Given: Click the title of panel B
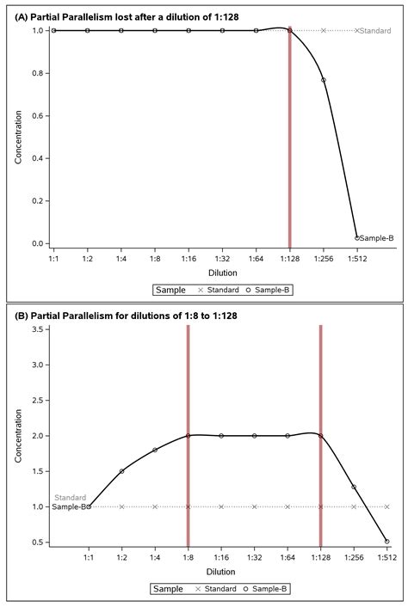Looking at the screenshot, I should click(x=123, y=316).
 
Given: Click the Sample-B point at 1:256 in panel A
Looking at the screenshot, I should click(x=324, y=80).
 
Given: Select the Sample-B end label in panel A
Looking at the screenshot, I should click(x=377, y=238).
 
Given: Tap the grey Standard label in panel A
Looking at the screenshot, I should click(x=376, y=31).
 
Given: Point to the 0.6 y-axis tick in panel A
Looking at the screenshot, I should click(x=36, y=115).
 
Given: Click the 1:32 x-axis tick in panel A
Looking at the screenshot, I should click(x=222, y=259).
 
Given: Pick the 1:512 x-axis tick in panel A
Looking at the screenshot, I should click(x=357, y=259).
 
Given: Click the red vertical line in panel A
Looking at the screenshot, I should click(x=290, y=138).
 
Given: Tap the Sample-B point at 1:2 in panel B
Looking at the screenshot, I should click(x=121, y=471).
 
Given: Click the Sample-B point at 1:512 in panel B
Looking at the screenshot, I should click(x=386, y=542).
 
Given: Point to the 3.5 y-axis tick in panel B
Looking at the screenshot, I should click(x=36, y=329).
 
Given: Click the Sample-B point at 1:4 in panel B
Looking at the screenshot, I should click(x=155, y=450).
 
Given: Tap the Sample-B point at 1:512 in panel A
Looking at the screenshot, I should click(x=357, y=238).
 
